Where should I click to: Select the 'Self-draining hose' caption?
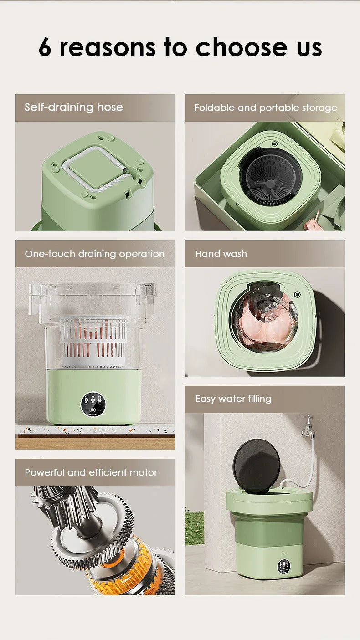pos(74,108)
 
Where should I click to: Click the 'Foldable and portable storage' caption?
pos(266,108)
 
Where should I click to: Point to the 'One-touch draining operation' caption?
pos(95,254)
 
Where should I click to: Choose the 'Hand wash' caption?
pos(221,254)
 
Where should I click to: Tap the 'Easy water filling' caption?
pos(233,399)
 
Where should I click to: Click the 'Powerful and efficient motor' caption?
pos(91,472)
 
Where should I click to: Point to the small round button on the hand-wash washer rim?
pos(298,294)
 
